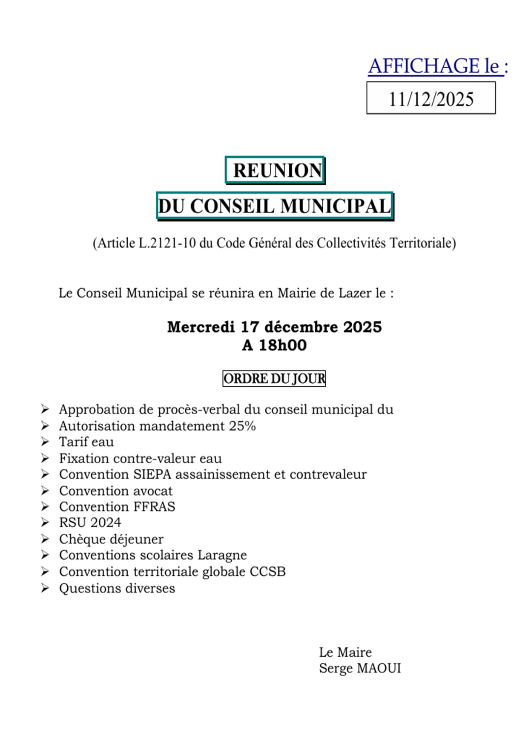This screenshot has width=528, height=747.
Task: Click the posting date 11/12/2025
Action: (x=431, y=99)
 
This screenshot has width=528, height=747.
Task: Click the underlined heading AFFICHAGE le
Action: (x=437, y=66)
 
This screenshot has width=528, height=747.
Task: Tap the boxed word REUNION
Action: (x=277, y=170)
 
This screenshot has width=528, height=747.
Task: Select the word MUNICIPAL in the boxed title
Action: (x=335, y=206)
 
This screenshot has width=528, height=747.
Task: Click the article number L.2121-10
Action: (x=167, y=243)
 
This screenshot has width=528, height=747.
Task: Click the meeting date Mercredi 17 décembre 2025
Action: (x=274, y=327)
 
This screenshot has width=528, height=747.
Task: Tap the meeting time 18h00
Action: (x=282, y=345)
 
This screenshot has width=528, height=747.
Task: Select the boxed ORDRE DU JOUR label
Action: (x=274, y=379)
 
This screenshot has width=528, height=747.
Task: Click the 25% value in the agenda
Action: (x=242, y=426)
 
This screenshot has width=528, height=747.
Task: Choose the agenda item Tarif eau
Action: (x=86, y=442)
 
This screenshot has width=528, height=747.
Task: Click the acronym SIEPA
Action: (x=152, y=474)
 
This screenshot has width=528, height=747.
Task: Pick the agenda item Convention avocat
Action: (x=116, y=491)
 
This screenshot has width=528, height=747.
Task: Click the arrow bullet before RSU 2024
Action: (x=45, y=523)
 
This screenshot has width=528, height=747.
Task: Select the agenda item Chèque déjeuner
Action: (x=111, y=539)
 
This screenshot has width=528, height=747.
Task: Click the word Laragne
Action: (x=222, y=555)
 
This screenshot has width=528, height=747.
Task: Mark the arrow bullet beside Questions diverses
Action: (x=45, y=588)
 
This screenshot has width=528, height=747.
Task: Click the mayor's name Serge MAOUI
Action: (x=360, y=668)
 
